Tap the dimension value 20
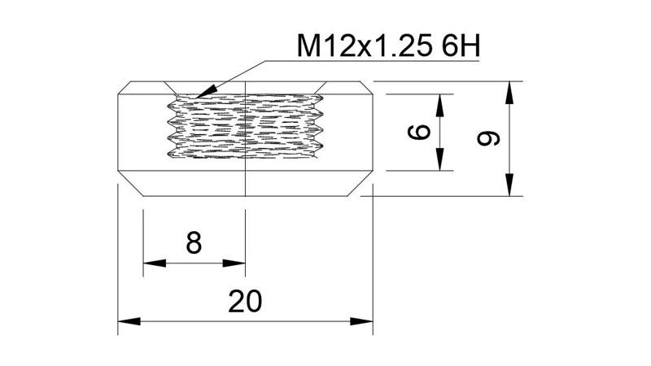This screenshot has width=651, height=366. click(245, 302)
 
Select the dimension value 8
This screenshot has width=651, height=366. click(194, 242)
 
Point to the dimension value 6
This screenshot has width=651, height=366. click(420, 132)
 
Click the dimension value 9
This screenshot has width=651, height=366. click(489, 138)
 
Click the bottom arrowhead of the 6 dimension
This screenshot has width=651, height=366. click(440, 163)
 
